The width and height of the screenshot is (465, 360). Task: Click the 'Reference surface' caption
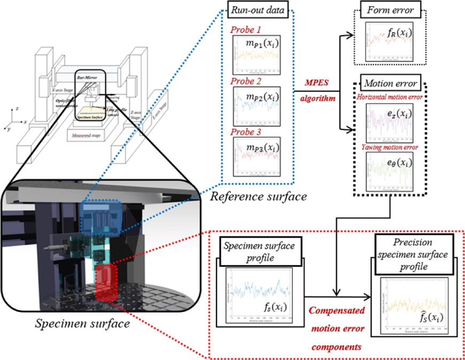click(258, 196)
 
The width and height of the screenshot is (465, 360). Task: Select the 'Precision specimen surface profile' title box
click(410, 253)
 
